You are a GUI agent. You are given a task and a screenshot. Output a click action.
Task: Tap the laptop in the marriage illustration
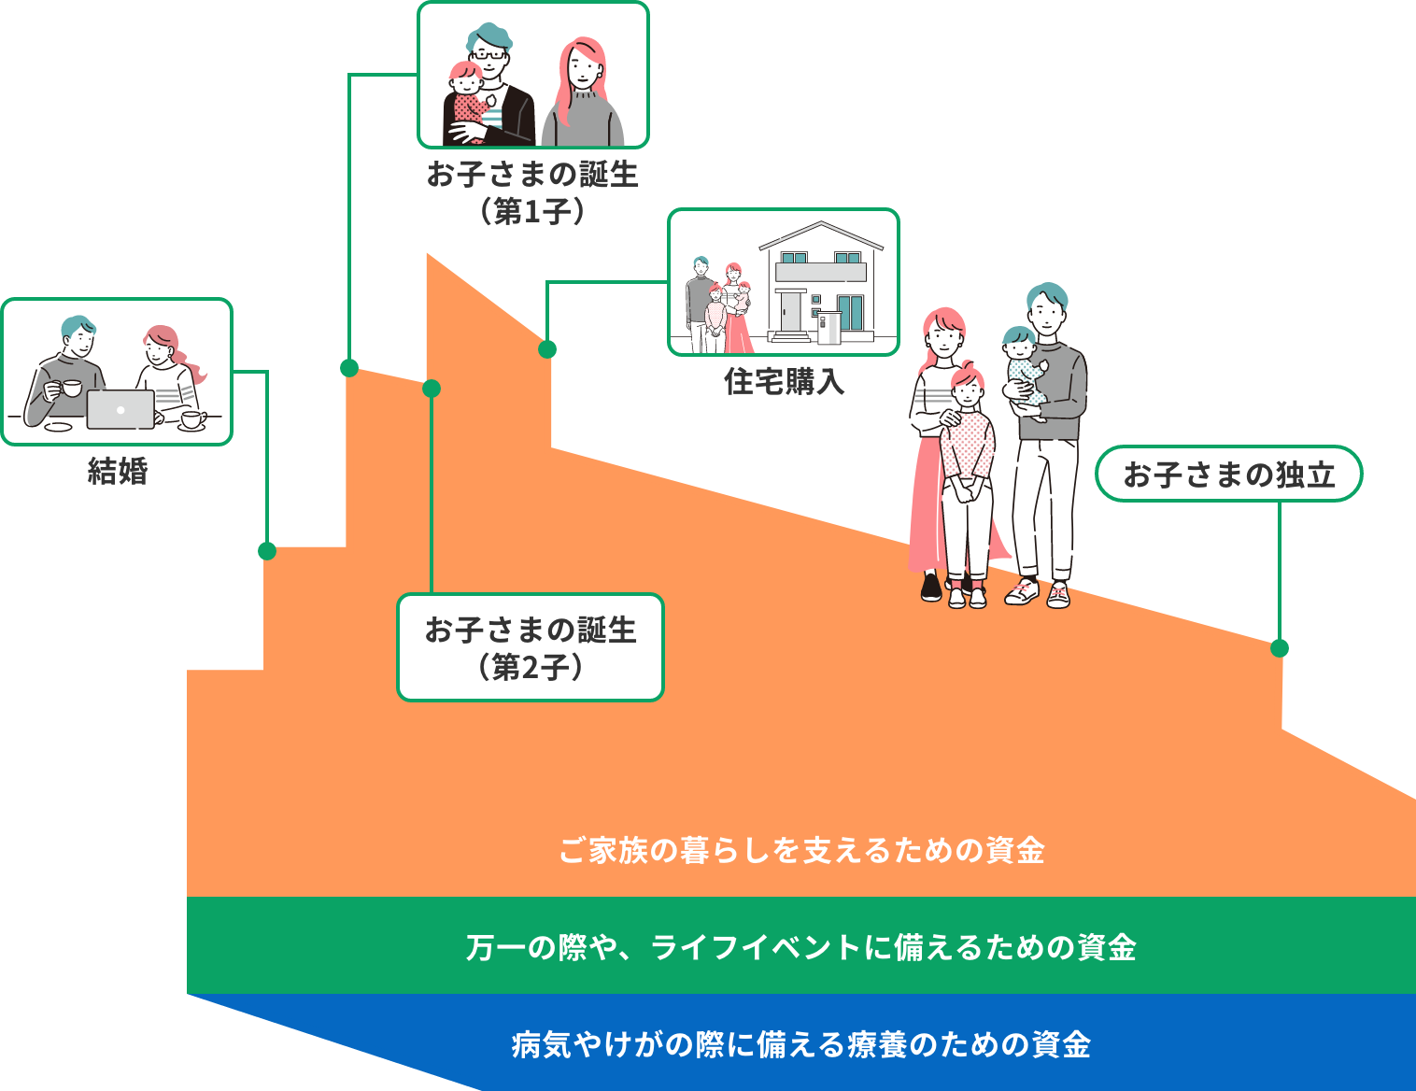point(120,409)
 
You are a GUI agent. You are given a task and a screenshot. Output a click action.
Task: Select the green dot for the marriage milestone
point(267,551)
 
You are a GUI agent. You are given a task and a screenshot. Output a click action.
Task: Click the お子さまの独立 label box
point(1228,475)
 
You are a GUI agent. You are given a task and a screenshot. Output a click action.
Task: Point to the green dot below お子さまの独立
point(1280,648)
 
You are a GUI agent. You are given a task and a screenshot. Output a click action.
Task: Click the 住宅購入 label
point(784,382)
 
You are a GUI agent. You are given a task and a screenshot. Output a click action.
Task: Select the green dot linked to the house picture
point(547,349)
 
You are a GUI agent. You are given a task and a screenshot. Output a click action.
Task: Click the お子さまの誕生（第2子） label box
point(531,647)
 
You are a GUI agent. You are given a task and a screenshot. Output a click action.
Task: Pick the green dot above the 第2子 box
point(432,389)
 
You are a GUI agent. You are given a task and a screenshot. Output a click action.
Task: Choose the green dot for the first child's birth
point(349,368)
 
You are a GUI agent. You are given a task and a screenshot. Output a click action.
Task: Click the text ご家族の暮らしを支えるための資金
point(801,851)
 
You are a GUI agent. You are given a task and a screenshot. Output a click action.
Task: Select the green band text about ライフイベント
point(801,947)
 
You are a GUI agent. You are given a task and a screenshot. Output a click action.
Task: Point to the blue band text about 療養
point(801,1044)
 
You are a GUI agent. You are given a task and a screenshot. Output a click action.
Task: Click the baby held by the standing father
point(1023,369)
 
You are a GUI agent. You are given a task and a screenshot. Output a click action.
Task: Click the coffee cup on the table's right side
point(193,418)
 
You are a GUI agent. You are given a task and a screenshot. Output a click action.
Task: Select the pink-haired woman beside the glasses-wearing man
point(582,93)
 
